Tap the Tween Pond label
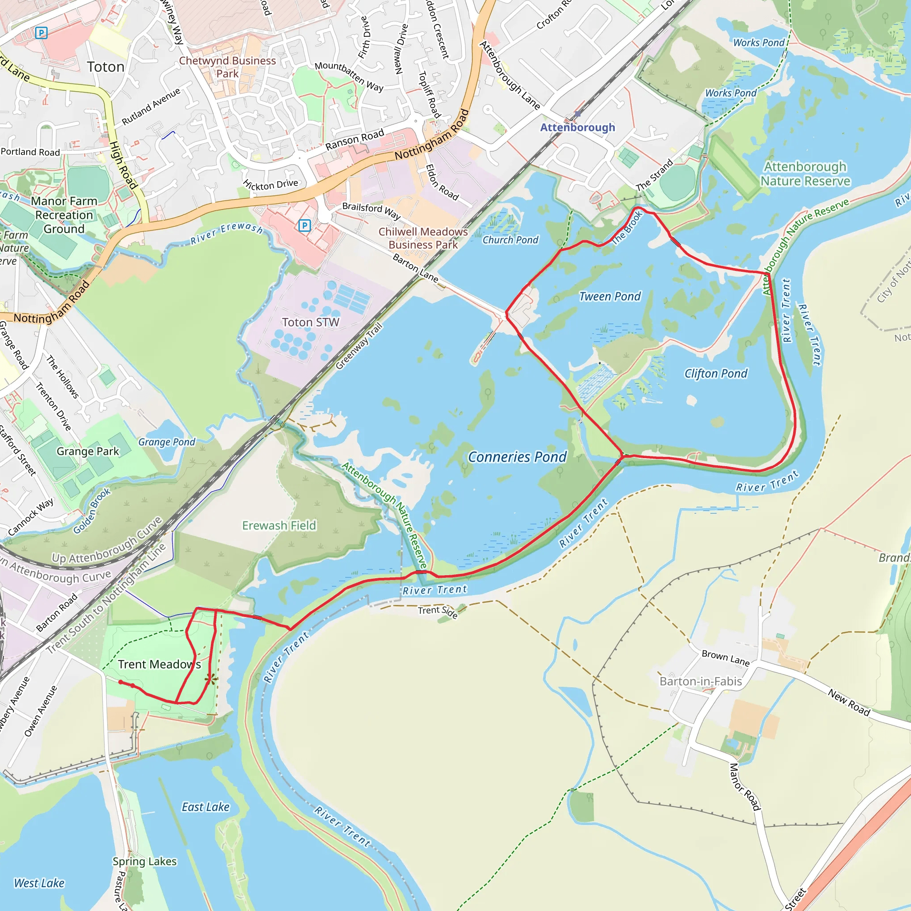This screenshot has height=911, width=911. [x=610, y=297]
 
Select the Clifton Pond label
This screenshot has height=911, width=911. [x=715, y=374]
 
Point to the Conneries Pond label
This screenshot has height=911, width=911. [x=517, y=457]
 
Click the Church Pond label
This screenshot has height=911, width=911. [x=510, y=240]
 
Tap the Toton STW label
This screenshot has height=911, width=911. [x=310, y=322]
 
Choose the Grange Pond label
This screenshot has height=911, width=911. [x=166, y=442]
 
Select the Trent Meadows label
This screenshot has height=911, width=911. [x=159, y=665]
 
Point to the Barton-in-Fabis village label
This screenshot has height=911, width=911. [x=700, y=681]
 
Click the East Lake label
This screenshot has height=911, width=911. [x=206, y=807]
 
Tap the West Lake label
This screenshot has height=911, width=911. [x=39, y=883]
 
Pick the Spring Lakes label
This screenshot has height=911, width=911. [x=144, y=862]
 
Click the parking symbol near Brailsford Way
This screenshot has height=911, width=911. [x=305, y=226]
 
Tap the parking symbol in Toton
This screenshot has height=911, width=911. [x=41, y=32]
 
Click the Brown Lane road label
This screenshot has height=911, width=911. [x=725, y=658]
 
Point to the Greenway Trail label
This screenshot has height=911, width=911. [x=359, y=346]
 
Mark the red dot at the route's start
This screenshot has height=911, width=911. [x=121, y=682]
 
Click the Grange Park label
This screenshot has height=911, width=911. [x=88, y=451]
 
